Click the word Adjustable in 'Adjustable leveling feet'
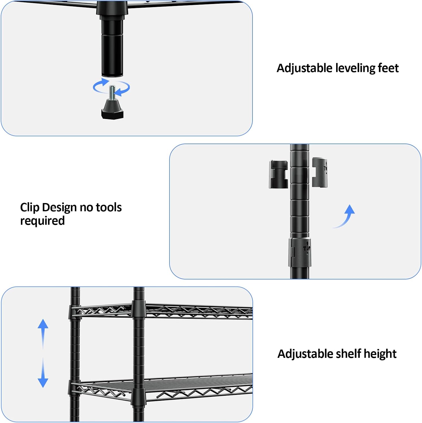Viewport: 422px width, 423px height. point(304,69)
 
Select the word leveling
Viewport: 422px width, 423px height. point(355,69)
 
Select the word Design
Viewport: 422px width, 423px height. point(59,208)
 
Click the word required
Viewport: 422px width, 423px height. point(42,221)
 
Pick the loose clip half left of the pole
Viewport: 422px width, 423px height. point(278,174)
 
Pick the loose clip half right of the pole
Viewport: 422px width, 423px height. point(320,172)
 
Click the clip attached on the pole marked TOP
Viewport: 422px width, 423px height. point(300,252)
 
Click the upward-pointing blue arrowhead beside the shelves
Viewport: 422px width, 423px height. point(43,324)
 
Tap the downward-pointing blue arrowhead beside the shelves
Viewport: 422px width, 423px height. point(43,383)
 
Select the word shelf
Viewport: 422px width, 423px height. point(348,354)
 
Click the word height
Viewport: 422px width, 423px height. point(380,354)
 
